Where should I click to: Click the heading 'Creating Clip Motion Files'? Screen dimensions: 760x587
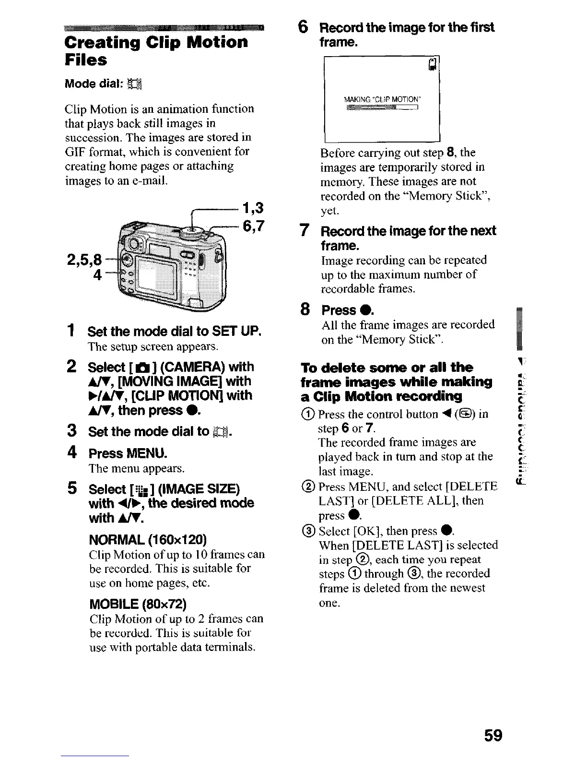pos(156,50)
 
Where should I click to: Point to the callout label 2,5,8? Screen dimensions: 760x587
pos(84,260)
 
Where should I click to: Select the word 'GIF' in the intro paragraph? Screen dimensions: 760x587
pos(75,152)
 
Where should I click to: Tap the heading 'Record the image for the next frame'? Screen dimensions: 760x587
pos(408,238)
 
